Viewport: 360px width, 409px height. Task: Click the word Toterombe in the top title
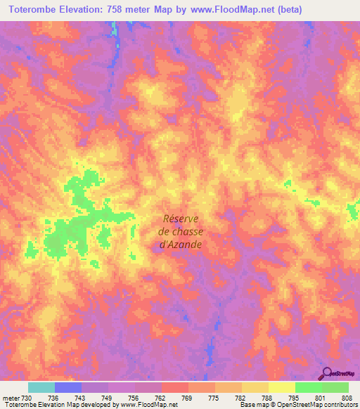pos(32,9)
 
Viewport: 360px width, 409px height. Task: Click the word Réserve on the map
pos(181,218)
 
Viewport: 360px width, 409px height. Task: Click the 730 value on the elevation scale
pos(27,397)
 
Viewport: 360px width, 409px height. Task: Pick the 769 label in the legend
pos(188,397)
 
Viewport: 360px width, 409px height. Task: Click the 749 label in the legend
pos(108,397)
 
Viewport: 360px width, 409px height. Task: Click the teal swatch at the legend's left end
pos(41,387)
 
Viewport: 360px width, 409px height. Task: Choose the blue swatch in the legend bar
pos(68,387)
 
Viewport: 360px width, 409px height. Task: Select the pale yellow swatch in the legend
pos(281,387)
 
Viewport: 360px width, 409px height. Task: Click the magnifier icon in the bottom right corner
pos(328,372)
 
